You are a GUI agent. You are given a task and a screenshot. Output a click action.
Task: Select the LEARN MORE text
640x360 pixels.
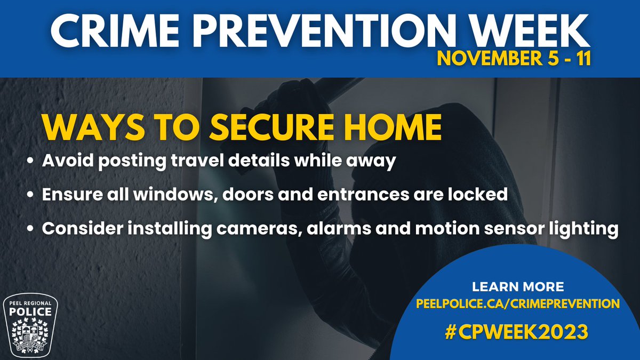coord(517,287)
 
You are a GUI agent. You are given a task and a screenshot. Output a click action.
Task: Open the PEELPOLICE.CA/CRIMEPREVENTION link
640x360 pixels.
coord(517,304)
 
